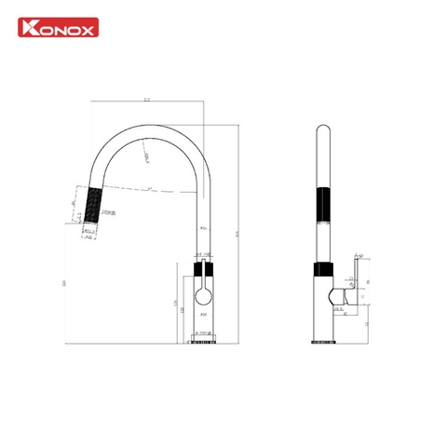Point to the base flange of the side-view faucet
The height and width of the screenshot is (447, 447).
[x=323, y=343]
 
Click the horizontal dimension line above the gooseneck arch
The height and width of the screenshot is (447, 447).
[x=148, y=102]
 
